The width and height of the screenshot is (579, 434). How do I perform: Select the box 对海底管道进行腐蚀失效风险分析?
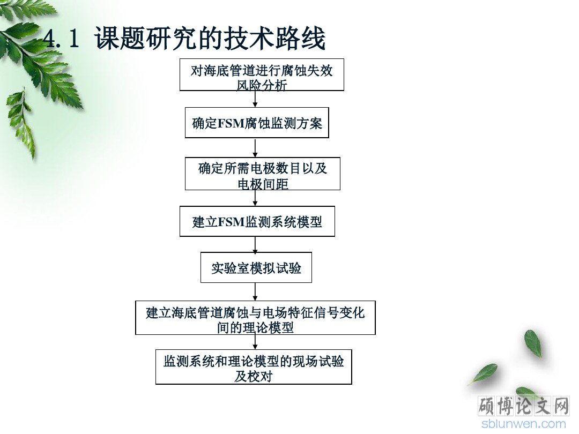(262, 74)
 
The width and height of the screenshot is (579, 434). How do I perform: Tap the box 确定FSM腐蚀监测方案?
(257, 123)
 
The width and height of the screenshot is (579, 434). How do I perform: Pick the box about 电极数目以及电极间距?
(263, 174)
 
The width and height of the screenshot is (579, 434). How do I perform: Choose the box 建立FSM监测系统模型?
(257, 221)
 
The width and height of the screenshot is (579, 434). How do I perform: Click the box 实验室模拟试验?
(256, 267)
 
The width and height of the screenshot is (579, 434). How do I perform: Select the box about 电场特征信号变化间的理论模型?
(256, 318)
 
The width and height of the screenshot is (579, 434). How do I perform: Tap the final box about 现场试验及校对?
(254, 367)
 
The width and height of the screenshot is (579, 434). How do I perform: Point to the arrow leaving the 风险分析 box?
(255, 99)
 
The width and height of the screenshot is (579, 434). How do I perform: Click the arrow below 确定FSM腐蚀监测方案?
(255, 148)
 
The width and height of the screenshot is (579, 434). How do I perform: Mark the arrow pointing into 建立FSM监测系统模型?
(255, 198)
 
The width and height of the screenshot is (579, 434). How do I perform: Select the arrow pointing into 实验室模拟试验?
(255, 244)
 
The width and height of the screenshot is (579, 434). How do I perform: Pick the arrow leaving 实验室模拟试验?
(255, 292)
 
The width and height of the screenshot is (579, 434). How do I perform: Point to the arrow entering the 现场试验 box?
(255, 342)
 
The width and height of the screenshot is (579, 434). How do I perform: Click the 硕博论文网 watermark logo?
(524, 406)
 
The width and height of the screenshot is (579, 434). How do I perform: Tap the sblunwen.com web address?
(524, 424)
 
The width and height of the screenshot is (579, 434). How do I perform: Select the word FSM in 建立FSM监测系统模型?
(231, 222)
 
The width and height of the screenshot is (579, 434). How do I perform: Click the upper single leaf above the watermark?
(533, 343)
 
